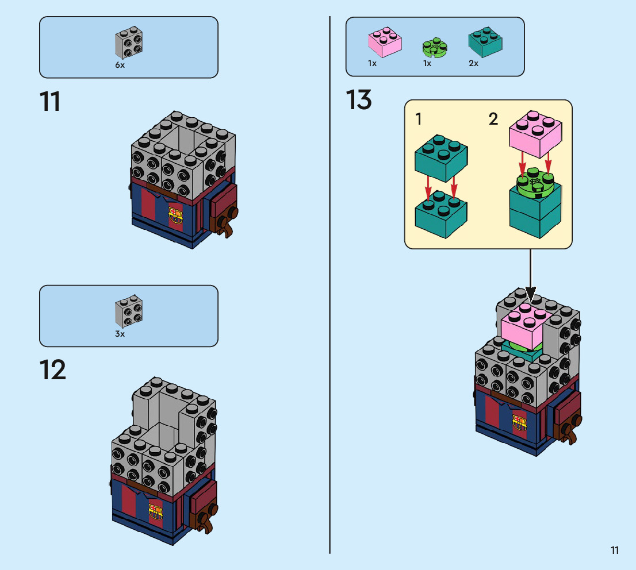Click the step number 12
point(52,371)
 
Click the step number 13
point(359,100)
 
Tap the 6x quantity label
point(120,65)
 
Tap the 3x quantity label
point(120,334)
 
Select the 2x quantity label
point(473,63)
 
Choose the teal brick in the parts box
point(485,41)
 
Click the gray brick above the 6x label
point(128,43)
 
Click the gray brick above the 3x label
point(129,312)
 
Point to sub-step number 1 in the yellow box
point(419,119)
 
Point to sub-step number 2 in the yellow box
point(493,119)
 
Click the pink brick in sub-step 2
point(535,134)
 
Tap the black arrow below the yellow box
point(530,282)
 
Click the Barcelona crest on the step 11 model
point(175,215)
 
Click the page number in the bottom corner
point(615,550)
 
